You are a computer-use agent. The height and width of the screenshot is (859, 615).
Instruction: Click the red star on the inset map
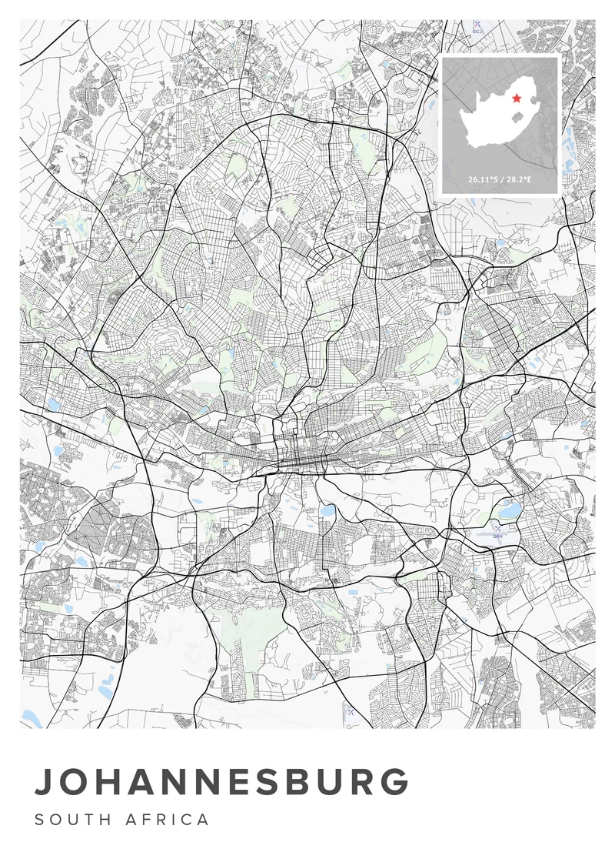(x=517, y=99)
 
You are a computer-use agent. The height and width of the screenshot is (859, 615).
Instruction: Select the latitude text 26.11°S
(x=482, y=179)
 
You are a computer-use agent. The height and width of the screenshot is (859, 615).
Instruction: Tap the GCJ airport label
(x=477, y=31)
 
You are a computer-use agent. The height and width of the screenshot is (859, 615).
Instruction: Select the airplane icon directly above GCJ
(x=477, y=24)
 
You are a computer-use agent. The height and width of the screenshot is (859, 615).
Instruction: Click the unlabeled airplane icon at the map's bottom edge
(x=351, y=711)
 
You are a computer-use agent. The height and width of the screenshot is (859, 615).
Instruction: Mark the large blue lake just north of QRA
(x=509, y=509)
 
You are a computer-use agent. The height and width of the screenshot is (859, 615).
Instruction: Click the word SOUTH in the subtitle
(x=70, y=820)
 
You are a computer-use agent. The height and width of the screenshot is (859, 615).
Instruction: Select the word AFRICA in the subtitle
(x=168, y=820)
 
